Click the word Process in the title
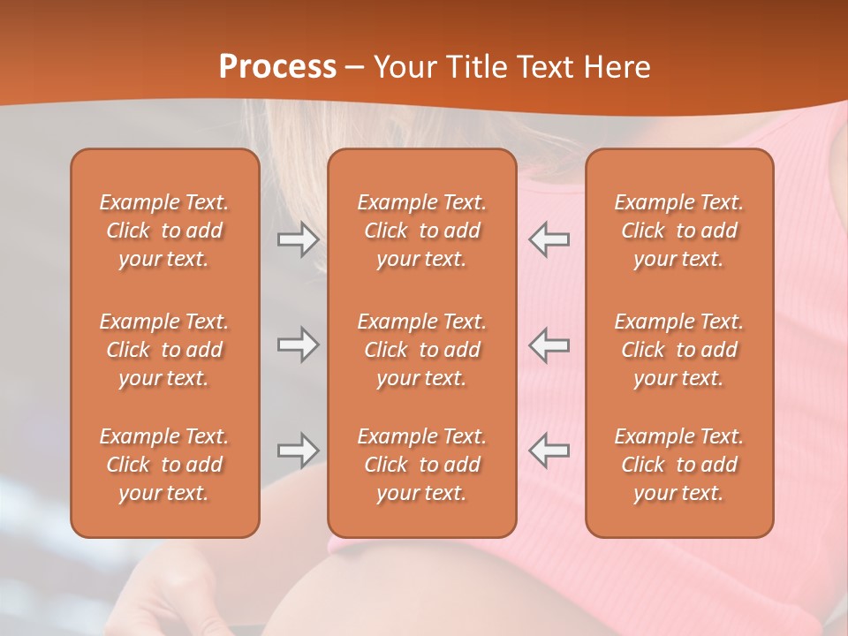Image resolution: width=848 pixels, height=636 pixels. point(277,67)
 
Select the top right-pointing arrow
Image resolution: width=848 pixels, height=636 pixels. point(298,239)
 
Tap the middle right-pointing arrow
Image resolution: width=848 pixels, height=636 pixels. point(298,344)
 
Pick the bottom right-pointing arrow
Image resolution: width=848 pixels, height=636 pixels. point(298,450)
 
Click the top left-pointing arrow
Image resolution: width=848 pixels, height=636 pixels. point(549,239)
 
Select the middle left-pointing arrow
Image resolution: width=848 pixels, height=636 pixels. point(549,344)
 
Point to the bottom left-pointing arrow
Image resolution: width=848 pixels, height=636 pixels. point(549,450)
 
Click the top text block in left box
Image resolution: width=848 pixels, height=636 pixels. point(164,231)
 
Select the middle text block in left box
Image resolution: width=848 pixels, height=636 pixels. point(164,350)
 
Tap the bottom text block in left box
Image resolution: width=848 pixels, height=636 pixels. point(164,465)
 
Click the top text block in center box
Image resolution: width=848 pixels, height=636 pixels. point(421,231)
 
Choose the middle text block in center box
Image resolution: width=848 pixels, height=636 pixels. point(421,350)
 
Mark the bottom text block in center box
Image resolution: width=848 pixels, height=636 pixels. point(421,465)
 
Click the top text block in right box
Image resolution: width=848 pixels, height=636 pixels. point(678,231)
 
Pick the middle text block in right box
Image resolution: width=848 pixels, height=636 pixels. point(678,350)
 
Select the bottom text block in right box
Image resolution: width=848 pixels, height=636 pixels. point(678,465)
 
